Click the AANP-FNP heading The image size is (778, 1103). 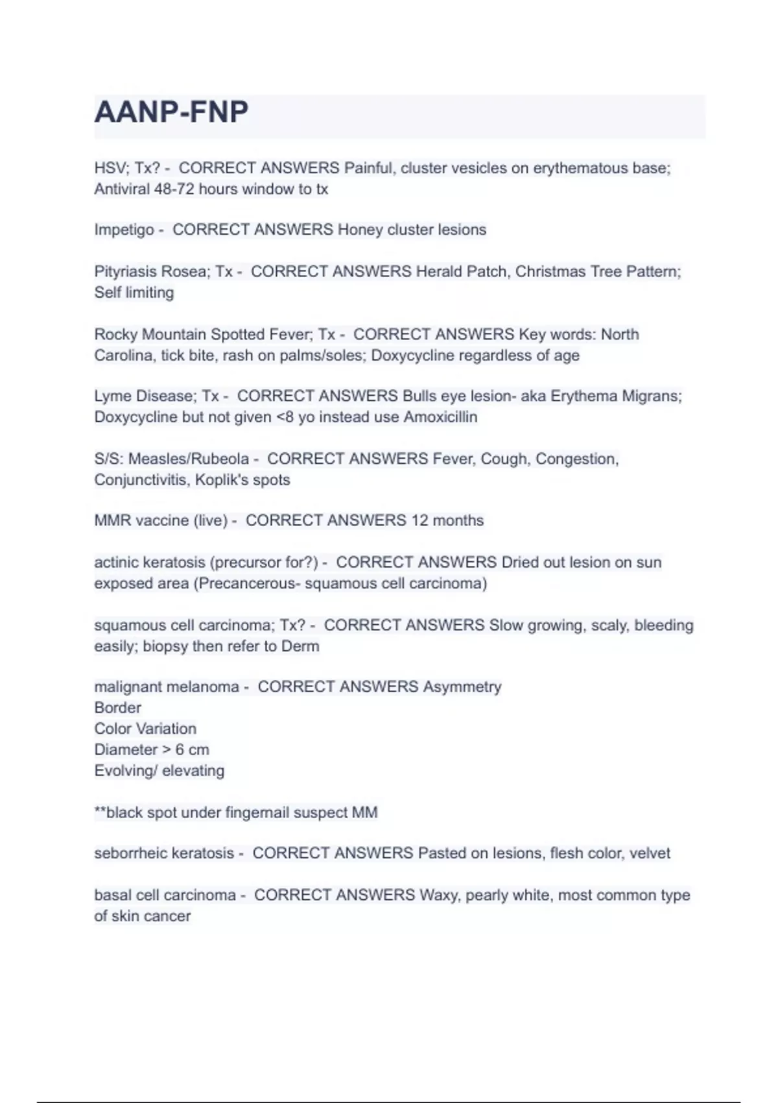click(x=171, y=112)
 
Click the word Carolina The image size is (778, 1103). click(x=123, y=356)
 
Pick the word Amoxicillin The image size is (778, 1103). click(x=440, y=417)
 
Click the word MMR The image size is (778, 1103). click(x=112, y=520)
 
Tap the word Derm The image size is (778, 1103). click(x=300, y=646)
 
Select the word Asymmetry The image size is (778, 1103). click(x=462, y=686)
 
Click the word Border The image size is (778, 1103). click(x=117, y=708)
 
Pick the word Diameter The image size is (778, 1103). click(x=126, y=749)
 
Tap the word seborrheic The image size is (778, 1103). click(x=130, y=853)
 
